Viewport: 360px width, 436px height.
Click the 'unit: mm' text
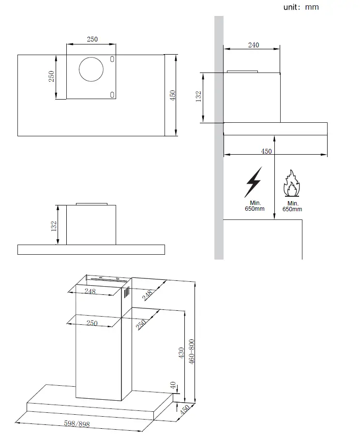pyautogui.click(x=301, y=7)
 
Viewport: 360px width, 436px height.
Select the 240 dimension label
pyautogui.click(x=254, y=45)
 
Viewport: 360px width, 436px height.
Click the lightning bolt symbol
pyautogui.click(x=253, y=182)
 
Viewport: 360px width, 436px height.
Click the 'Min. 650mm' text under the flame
pyautogui.click(x=292, y=206)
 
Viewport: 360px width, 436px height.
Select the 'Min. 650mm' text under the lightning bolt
pyautogui.click(x=254, y=206)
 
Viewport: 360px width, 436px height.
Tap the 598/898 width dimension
pyautogui.click(x=77, y=424)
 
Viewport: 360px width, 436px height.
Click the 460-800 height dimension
pyautogui.click(x=192, y=352)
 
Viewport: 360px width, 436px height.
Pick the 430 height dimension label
pyautogui.click(x=181, y=352)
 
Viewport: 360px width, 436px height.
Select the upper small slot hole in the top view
pyautogui.click(x=112, y=59)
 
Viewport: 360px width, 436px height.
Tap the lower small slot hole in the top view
pyautogui.click(x=112, y=94)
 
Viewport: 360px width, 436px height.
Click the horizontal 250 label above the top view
pyautogui.click(x=92, y=39)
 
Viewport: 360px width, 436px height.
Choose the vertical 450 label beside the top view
pyautogui.click(x=172, y=95)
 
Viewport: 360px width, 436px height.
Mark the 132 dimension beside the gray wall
pyautogui.click(x=198, y=97)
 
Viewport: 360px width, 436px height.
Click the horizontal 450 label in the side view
pyautogui.click(x=266, y=151)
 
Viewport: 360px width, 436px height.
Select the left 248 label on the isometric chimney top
pyautogui.click(x=90, y=291)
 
